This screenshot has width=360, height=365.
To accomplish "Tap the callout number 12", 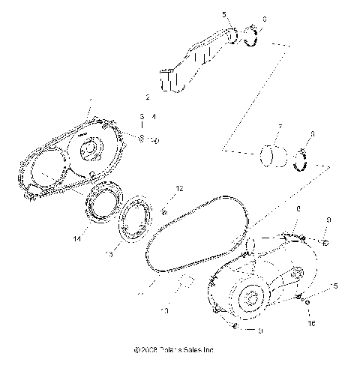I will point(178,188).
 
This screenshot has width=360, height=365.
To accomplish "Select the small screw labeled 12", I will point(164,213).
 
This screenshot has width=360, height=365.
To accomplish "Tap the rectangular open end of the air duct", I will point(172,80).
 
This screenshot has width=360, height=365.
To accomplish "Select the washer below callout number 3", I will point(140,139).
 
